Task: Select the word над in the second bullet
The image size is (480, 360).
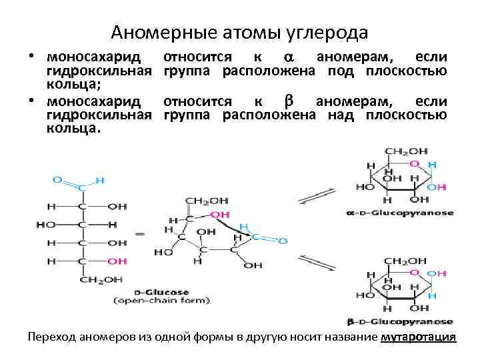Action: [339, 115]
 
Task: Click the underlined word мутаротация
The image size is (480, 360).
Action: [418, 337]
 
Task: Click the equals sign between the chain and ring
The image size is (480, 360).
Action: [140, 234]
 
